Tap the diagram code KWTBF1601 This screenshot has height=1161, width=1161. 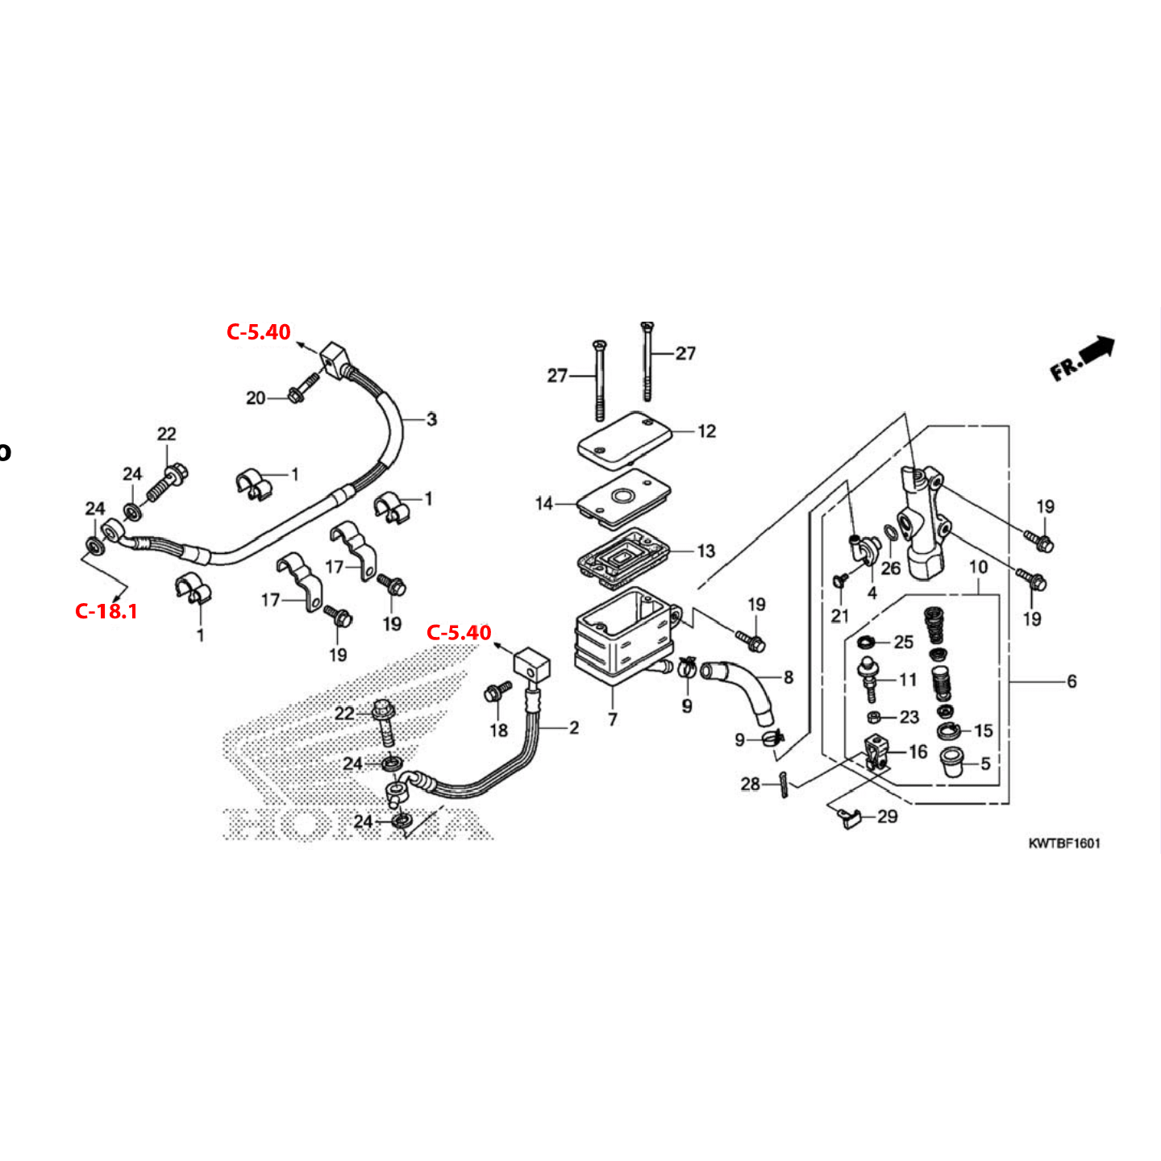pyautogui.click(x=1063, y=843)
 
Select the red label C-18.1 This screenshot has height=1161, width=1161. pyautogui.click(x=106, y=611)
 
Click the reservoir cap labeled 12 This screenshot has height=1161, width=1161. pyautogui.click(x=625, y=438)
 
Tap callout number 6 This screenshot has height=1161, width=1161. pyautogui.click(x=1072, y=681)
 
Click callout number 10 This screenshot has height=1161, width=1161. pyautogui.click(x=978, y=567)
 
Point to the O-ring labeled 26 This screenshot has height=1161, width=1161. pyautogui.click(x=890, y=533)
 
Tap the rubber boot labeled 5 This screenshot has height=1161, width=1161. pyautogui.click(x=953, y=761)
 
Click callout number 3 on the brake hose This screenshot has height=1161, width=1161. pyautogui.click(x=431, y=419)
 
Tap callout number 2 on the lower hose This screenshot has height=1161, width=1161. pyautogui.click(x=573, y=728)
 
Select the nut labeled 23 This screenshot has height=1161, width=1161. pyautogui.click(x=874, y=718)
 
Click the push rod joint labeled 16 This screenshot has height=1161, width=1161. pyautogui.click(x=877, y=753)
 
